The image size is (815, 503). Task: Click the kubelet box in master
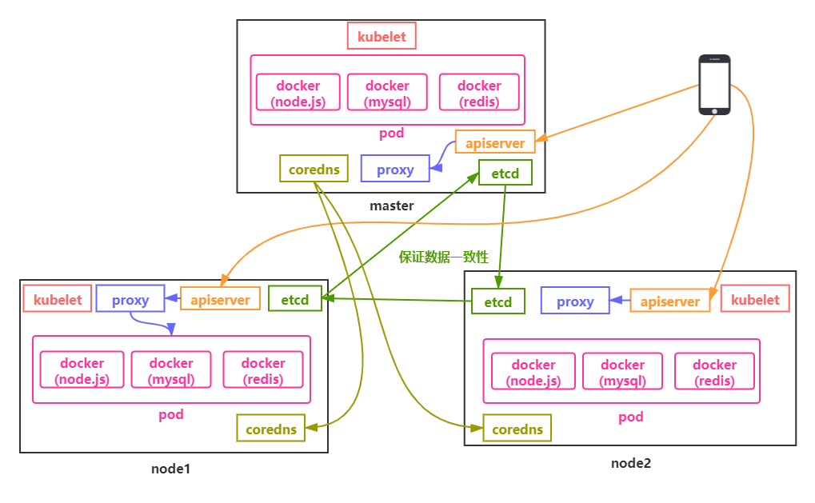click(382, 37)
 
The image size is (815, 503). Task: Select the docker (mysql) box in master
click(387, 93)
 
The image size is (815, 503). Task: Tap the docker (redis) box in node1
click(263, 370)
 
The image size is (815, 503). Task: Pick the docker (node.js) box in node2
click(533, 372)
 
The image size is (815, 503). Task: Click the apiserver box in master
click(494, 142)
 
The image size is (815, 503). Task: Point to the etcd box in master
click(505, 173)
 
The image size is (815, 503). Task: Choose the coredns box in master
click(314, 169)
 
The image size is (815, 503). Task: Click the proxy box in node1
click(130, 299)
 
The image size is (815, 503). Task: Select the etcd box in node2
click(498, 301)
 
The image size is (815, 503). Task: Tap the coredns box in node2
click(517, 429)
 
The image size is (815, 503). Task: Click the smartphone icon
click(714, 85)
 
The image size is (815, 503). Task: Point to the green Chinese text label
click(444, 257)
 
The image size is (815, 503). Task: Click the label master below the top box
click(391, 206)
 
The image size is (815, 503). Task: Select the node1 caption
click(170, 468)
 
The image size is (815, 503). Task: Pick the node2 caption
click(631, 462)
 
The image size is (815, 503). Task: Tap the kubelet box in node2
click(755, 299)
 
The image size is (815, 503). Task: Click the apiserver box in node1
click(220, 299)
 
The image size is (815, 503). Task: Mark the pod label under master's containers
click(392, 133)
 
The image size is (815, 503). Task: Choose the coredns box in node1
click(271, 429)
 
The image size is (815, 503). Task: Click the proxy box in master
click(395, 169)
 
